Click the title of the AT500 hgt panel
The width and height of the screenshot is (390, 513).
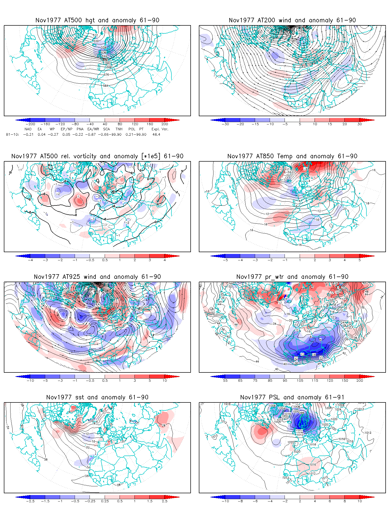[x=97, y=20]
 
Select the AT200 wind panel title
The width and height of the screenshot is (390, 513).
[x=292, y=20]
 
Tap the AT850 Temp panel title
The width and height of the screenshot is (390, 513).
[x=292, y=156]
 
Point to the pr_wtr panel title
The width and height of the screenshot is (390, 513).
[x=292, y=277]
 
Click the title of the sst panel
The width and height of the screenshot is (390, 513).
[x=97, y=397]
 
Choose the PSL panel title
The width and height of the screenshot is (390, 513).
[x=292, y=397]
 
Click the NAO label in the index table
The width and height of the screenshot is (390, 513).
[x=28, y=129]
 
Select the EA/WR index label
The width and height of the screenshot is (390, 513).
[x=93, y=129]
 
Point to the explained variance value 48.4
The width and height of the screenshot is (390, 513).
[x=156, y=134]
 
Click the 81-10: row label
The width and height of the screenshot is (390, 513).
[x=12, y=134]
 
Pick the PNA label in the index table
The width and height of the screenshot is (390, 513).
[x=80, y=129]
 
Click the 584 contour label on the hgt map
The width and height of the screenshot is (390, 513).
[x=105, y=86]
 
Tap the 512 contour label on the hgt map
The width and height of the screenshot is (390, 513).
[x=95, y=35]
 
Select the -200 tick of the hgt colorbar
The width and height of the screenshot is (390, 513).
[x=30, y=124]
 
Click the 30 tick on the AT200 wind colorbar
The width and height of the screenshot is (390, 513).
[x=360, y=124]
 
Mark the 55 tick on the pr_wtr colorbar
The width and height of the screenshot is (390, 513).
[x=225, y=381]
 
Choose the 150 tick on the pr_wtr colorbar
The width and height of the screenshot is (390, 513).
[x=345, y=381]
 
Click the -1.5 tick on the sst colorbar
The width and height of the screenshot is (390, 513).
[x=45, y=501]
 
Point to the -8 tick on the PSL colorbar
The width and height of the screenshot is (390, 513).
[x=240, y=501]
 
